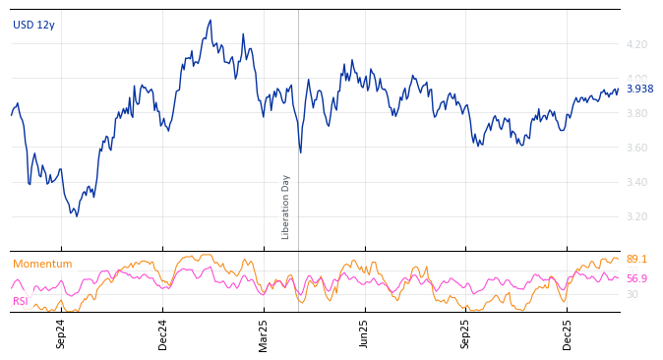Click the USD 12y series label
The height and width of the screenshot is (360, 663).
[33, 26]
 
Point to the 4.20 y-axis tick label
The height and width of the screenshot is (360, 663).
[636, 45]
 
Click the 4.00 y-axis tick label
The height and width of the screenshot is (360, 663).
[636, 80]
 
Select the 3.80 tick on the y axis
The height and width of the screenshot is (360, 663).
[636, 114]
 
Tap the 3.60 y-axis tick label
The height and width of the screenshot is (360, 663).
[636, 149]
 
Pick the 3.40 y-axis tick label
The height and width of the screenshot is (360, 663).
[636, 183]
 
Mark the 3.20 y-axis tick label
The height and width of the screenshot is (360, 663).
[636, 217]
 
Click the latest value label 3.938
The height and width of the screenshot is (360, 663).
[639, 90]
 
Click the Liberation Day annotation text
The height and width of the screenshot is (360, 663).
[286, 207]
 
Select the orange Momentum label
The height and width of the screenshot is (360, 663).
[42, 265]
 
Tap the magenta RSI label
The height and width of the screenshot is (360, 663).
[20, 302]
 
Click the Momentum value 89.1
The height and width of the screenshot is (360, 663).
[636, 260]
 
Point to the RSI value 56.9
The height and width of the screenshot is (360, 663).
[636, 279]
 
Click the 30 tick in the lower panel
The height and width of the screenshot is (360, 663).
[632, 294]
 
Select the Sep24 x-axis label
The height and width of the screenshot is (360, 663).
[61, 333]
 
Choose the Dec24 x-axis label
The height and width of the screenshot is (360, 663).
[163, 333]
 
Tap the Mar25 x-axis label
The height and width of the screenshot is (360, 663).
[264, 333]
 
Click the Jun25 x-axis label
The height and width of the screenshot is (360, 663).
[365, 333]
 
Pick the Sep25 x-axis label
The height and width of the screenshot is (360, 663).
[466, 333]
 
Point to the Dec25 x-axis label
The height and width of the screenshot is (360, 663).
[568, 333]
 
